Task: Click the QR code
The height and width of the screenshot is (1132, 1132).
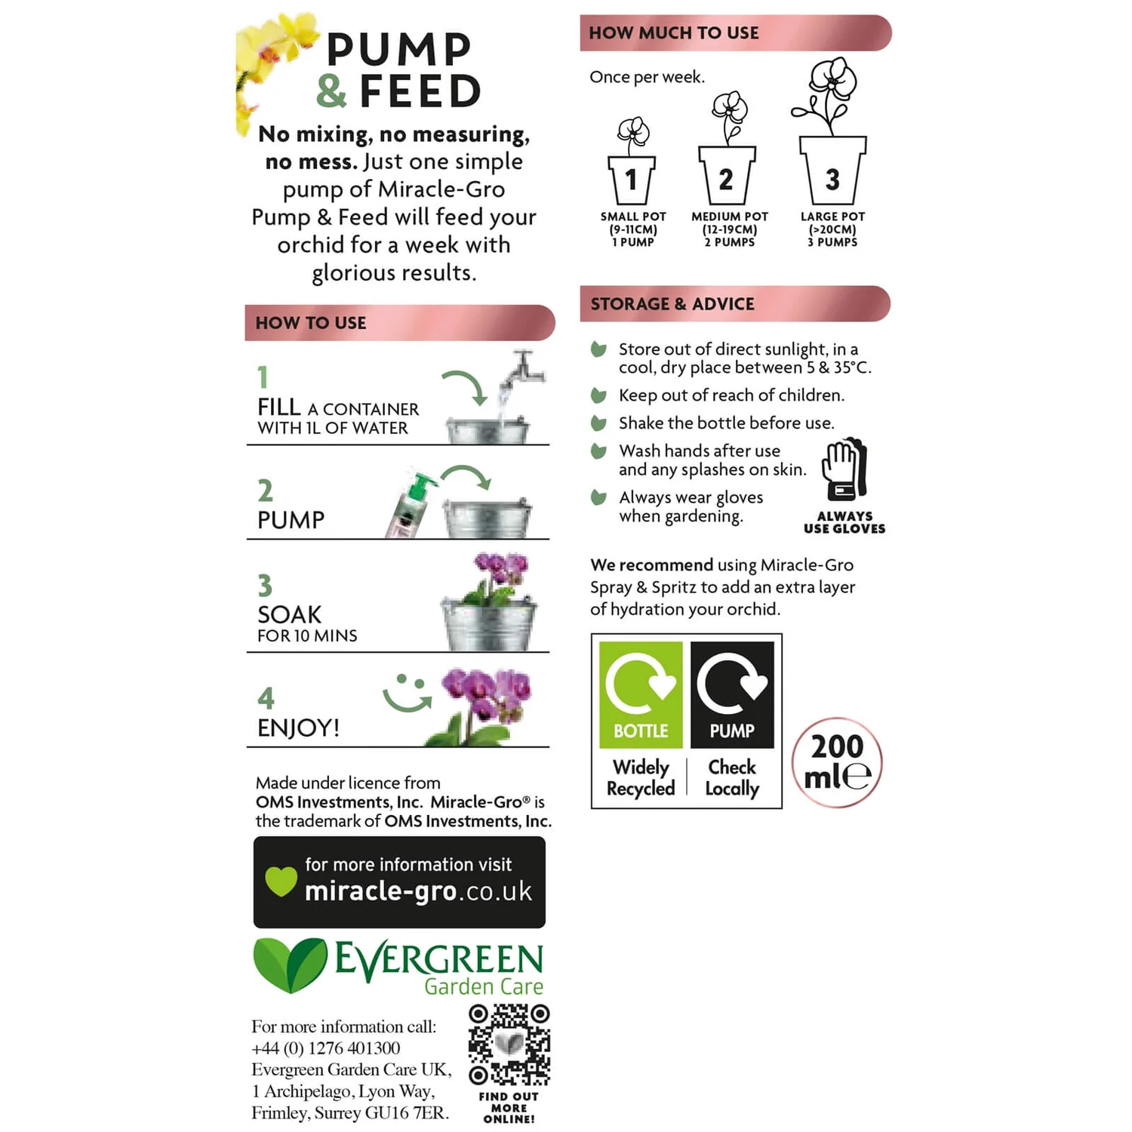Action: pyautogui.click(x=509, y=1044)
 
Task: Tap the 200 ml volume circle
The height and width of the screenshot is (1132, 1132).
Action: pyautogui.click(x=837, y=762)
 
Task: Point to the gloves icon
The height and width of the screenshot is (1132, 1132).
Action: pyautogui.click(x=844, y=469)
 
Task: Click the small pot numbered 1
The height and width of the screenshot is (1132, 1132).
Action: pyautogui.click(x=632, y=179)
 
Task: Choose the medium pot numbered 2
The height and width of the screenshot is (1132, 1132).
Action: pyautogui.click(x=727, y=175)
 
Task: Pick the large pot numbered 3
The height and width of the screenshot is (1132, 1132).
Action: pyautogui.click(x=832, y=170)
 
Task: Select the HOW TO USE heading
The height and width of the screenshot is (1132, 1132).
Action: pyautogui.click(x=311, y=323)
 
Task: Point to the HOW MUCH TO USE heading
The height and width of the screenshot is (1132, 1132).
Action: pyautogui.click(x=674, y=33)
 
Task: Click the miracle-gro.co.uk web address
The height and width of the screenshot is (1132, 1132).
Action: pyautogui.click(x=418, y=891)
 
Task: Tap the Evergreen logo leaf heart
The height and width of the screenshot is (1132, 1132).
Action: pyautogui.click(x=289, y=964)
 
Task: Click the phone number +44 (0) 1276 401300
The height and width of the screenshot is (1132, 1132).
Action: pyautogui.click(x=326, y=1048)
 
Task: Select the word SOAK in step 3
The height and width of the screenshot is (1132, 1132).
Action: pyautogui.click(x=290, y=614)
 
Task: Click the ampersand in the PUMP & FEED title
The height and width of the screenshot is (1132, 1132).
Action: pyautogui.click(x=331, y=91)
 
